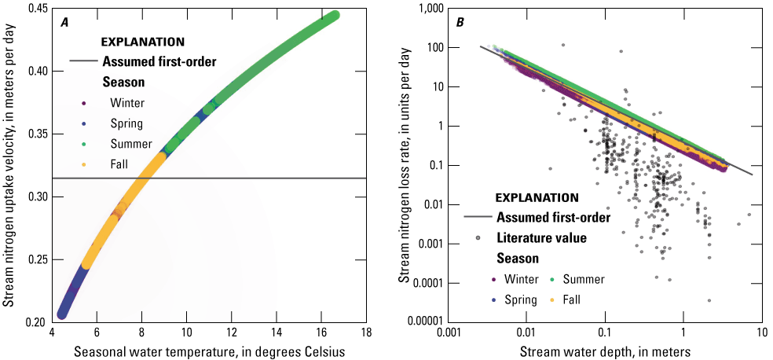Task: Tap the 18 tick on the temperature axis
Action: pos(365,333)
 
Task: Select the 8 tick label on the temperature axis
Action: pos(141,333)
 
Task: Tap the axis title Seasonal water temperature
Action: pos(209,351)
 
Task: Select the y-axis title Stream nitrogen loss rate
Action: pos(403,165)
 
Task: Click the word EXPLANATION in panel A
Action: pos(144,42)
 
